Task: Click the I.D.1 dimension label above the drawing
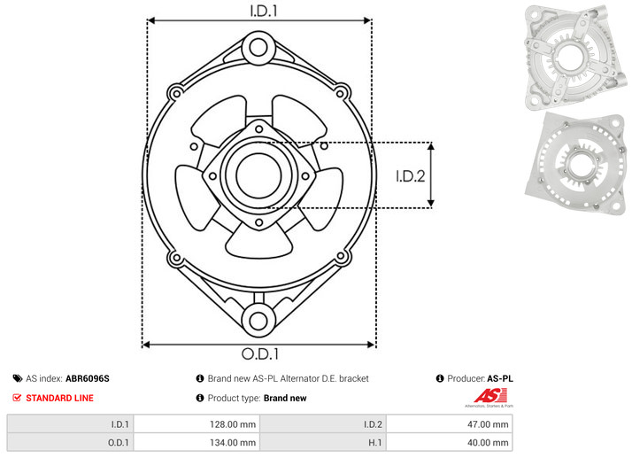[264, 11]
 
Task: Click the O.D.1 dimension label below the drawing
[260, 353]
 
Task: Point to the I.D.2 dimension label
[411, 176]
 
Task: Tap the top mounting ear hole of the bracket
[258, 47]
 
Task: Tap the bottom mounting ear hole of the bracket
[258, 321]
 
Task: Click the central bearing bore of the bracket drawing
[258, 175]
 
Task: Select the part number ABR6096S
[88, 378]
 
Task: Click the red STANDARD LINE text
[59, 398]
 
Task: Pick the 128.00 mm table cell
[197, 424]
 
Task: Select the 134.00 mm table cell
[197, 443]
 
